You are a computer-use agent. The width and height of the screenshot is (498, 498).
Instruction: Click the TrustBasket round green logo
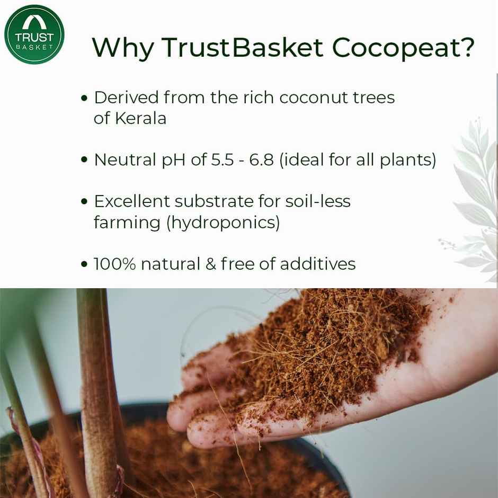click(x=34, y=34)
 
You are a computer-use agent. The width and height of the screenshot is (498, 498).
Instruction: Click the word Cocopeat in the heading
click(x=403, y=48)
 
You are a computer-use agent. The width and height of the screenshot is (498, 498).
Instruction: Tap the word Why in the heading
click(x=123, y=48)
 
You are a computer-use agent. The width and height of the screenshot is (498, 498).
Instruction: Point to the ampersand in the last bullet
click(x=211, y=264)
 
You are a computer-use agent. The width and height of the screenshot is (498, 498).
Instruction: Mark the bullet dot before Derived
click(x=84, y=99)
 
